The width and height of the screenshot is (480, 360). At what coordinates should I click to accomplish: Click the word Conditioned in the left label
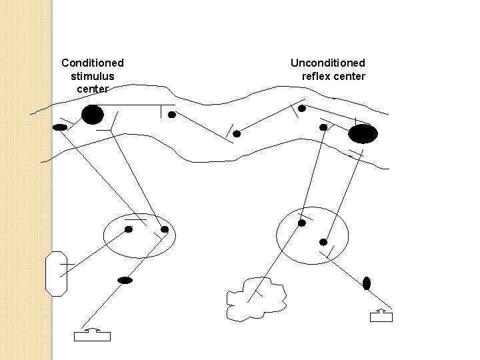(x=92, y=63)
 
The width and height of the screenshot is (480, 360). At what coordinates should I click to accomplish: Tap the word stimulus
(x=92, y=76)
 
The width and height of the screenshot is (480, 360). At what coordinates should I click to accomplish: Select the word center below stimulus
(x=92, y=89)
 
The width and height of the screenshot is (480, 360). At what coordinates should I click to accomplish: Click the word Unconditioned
(x=327, y=63)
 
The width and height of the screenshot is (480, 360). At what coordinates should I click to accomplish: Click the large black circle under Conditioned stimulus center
(x=92, y=115)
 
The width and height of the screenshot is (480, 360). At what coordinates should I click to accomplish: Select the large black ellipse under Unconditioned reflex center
(x=363, y=134)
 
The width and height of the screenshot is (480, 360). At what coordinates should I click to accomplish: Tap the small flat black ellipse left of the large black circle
(x=60, y=127)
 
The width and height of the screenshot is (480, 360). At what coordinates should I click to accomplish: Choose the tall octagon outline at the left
(x=56, y=273)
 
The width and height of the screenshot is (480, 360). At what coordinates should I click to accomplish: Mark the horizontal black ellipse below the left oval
(x=125, y=280)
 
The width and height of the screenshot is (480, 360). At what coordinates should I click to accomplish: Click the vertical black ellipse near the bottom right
(x=366, y=283)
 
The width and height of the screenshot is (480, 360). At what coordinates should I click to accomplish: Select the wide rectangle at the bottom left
(x=92, y=336)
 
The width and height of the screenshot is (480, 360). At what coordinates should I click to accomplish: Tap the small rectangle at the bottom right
(x=381, y=317)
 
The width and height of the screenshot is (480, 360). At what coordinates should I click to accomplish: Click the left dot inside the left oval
(x=129, y=229)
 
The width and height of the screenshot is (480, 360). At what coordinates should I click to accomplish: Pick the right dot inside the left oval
(x=165, y=229)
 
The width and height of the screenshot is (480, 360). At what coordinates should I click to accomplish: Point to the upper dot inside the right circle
(x=302, y=223)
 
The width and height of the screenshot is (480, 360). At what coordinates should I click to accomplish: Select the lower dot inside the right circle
(x=323, y=242)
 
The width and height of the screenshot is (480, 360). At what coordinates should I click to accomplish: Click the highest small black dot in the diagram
(x=302, y=108)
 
